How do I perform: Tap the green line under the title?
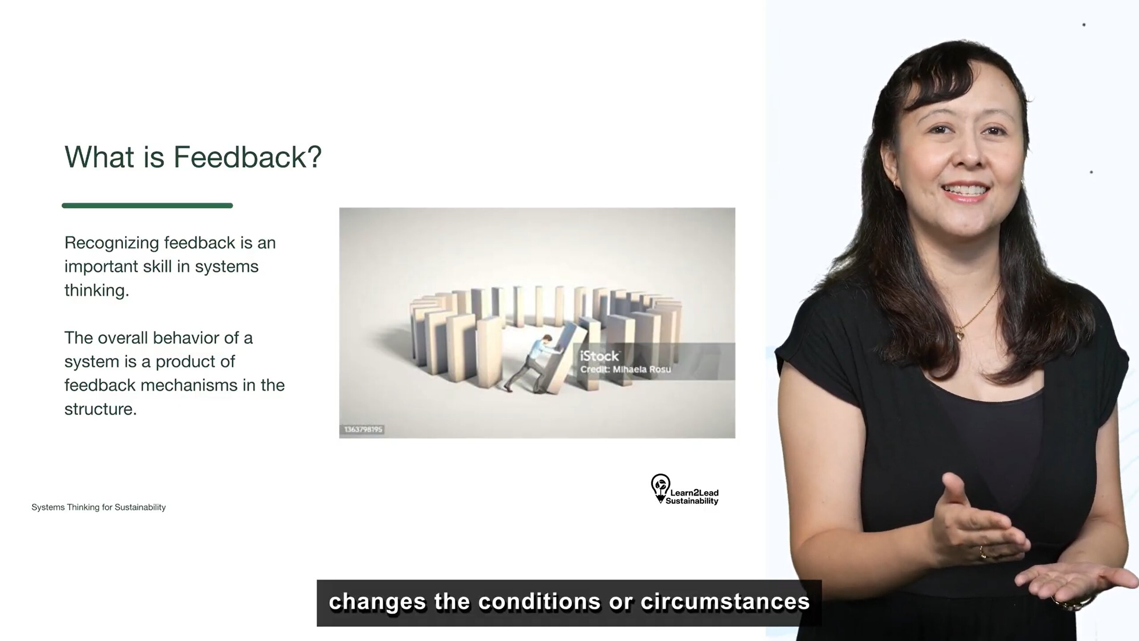tap(147, 206)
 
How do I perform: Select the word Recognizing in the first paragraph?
tap(112, 243)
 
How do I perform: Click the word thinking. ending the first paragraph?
tap(97, 291)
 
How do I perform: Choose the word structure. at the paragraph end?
tap(101, 409)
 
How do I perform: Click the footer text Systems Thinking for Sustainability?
tap(98, 507)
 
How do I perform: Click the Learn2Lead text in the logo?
tap(694, 493)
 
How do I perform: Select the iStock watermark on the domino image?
tap(599, 356)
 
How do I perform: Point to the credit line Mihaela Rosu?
tap(642, 369)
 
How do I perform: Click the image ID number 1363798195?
tap(363, 430)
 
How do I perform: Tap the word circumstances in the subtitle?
tap(725, 602)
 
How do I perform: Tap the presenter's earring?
tap(896, 183)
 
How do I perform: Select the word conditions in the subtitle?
tap(540, 602)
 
